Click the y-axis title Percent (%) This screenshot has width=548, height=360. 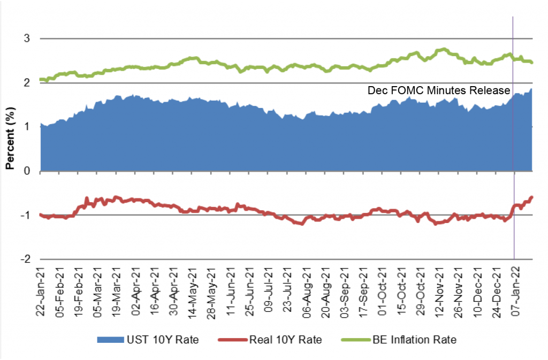[x=9, y=134]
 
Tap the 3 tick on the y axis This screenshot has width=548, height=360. [x=27, y=39]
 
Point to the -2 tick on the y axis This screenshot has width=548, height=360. [x=25, y=259]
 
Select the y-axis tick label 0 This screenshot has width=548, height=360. [x=27, y=171]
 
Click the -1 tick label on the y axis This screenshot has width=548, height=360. [x=25, y=215]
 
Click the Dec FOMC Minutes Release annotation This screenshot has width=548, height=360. [x=439, y=90]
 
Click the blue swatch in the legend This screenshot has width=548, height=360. [x=110, y=339]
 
